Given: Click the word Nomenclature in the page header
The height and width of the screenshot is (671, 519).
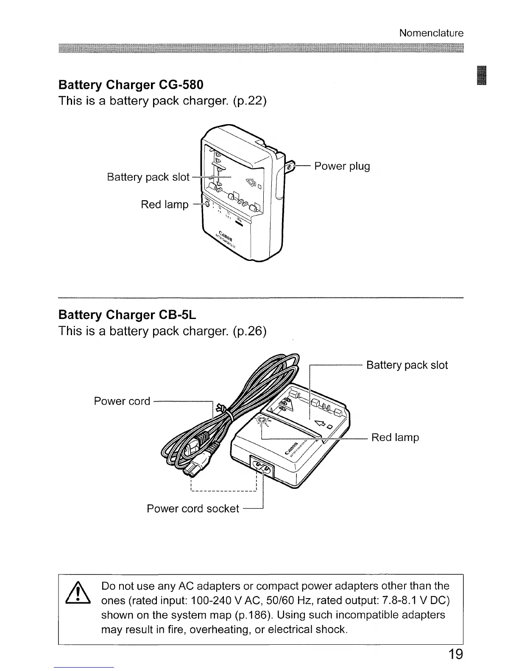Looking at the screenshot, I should pyautogui.click(x=431, y=33).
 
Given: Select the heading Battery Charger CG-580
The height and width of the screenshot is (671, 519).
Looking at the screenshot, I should pyautogui.click(x=131, y=85).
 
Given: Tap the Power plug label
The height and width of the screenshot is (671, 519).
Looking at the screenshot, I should pyautogui.click(x=342, y=166).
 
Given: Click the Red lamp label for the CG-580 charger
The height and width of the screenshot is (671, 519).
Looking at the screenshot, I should pyautogui.click(x=165, y=205).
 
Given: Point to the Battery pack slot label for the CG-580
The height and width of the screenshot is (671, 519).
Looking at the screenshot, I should pyautogui.click(x=148, y=177).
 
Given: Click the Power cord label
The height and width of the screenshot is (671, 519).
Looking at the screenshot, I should pyautogui.click(x=122, y=401).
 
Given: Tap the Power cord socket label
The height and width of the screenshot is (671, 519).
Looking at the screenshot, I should pyautogui.click(x=193, y=508).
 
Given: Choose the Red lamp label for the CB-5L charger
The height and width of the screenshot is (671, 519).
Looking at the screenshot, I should pyautogui.click(x=395, y=437).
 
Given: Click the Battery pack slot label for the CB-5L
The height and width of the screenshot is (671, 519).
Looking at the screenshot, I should pyautogui.click(x=407, y=365).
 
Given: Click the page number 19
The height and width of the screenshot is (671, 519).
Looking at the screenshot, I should pyautogui.click(x=455, y=654).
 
